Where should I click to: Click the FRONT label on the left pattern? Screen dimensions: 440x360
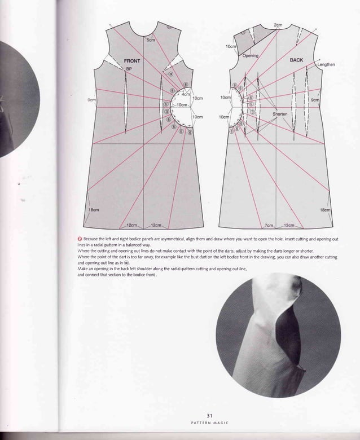132,60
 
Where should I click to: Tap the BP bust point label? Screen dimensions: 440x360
129,68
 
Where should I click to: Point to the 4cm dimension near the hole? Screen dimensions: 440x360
185,94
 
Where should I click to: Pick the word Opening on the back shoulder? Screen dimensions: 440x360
251,56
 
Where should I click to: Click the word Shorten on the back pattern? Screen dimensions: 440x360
280,113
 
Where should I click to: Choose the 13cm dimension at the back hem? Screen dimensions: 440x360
289,225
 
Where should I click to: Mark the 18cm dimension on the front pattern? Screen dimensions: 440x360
94,209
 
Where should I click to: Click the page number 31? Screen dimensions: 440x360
209,416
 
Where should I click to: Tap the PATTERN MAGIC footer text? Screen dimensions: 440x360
209,424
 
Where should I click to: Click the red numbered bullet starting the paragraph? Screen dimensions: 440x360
79,239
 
